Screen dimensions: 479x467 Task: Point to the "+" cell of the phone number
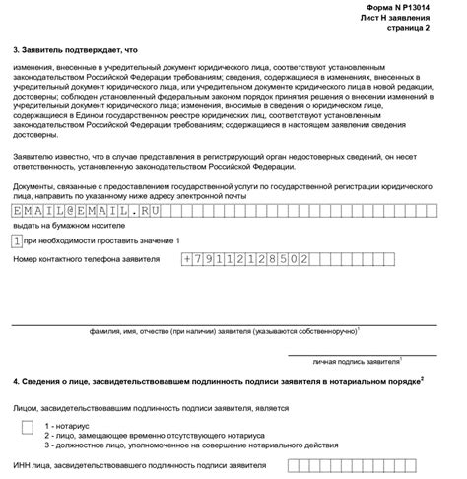[x=188, y=259]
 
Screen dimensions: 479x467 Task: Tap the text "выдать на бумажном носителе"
[x=59, y=225]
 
